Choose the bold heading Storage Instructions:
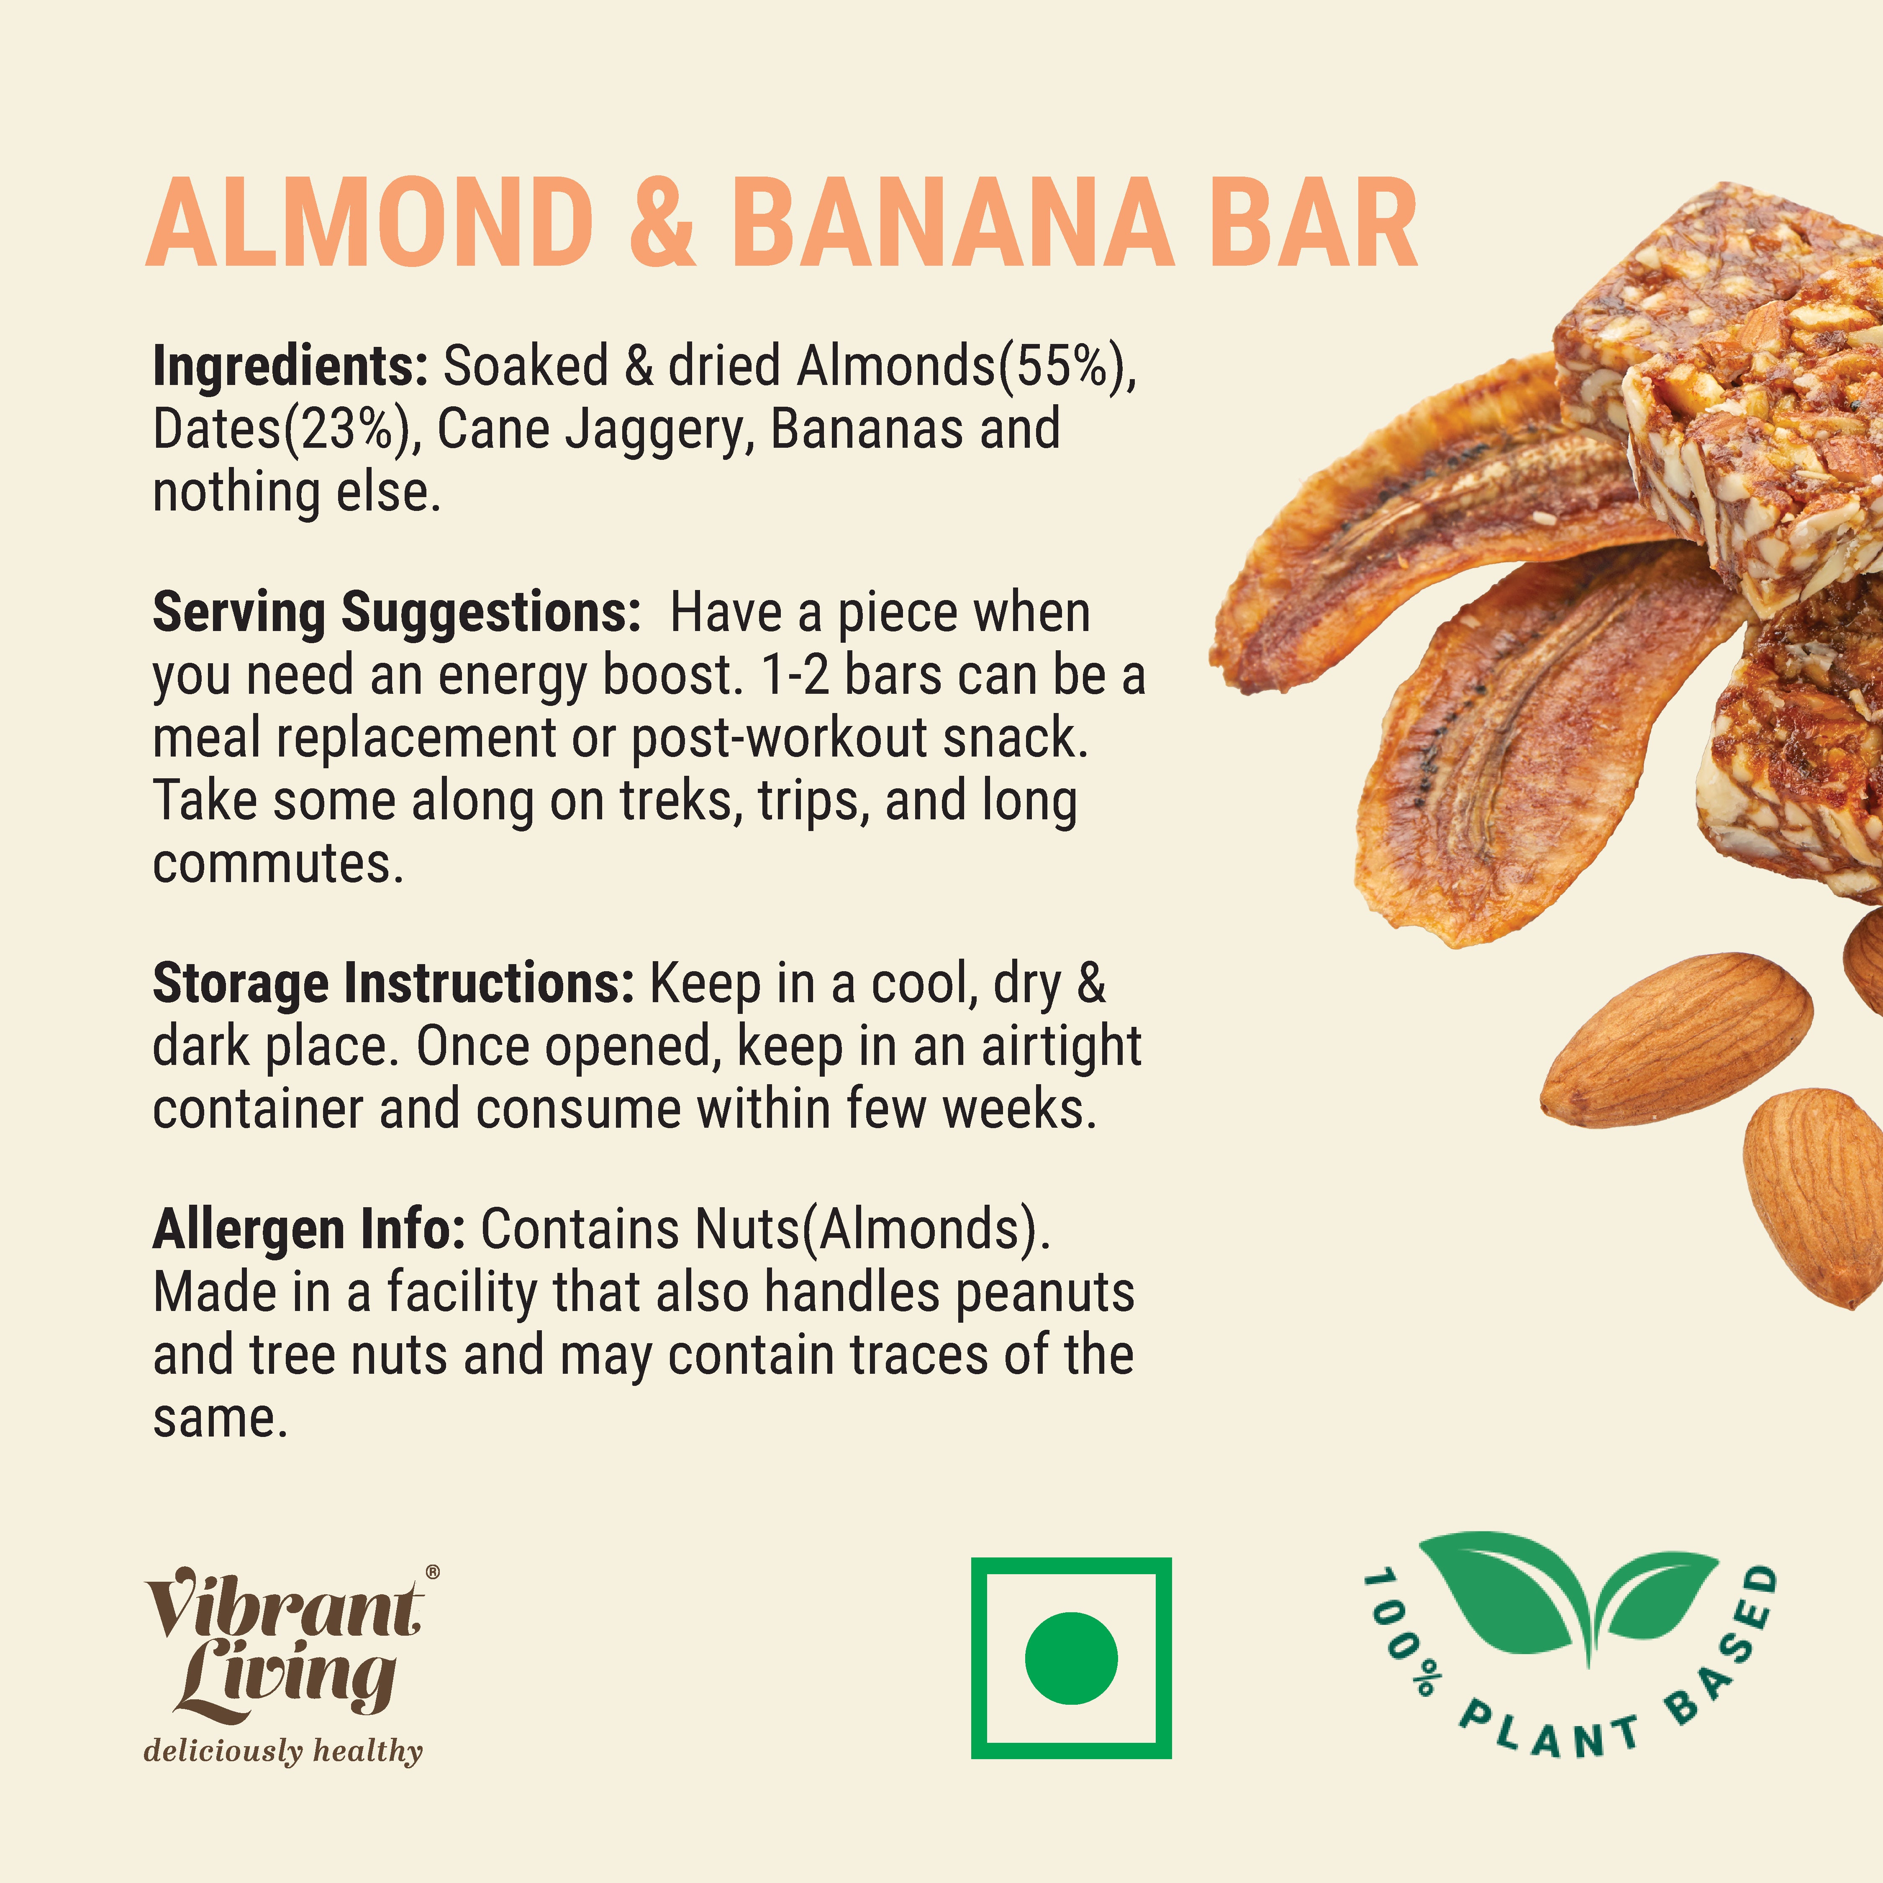(394, 983)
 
